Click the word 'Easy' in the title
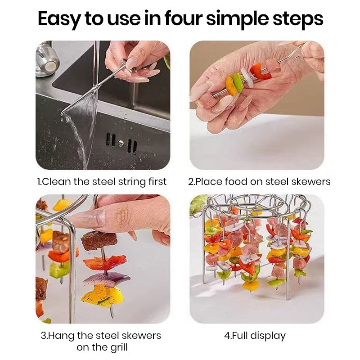(60, 19)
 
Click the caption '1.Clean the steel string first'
(102, 182)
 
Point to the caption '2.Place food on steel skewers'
(259, 182)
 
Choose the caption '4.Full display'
(255, 336)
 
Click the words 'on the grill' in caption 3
(102, 347)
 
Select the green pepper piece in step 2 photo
(238, 81)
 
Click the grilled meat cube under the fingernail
(99, 241)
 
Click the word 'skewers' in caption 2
(312, 182)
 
